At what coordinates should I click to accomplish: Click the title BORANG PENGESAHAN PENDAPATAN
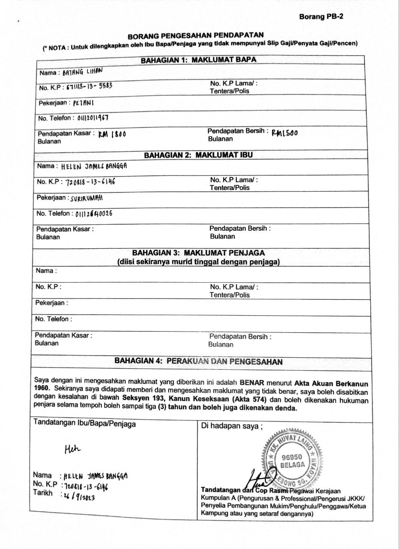(196, 36)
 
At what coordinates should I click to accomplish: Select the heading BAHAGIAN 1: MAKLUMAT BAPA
(199, 60)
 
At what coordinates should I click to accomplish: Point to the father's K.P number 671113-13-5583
(89, 87)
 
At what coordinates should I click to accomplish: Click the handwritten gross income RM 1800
(112, 134)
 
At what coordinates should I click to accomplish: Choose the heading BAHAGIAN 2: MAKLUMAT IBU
(198, 155)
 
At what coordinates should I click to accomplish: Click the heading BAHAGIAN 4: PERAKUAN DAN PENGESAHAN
(198, 362)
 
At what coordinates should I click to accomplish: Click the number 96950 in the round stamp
(293, 457)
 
